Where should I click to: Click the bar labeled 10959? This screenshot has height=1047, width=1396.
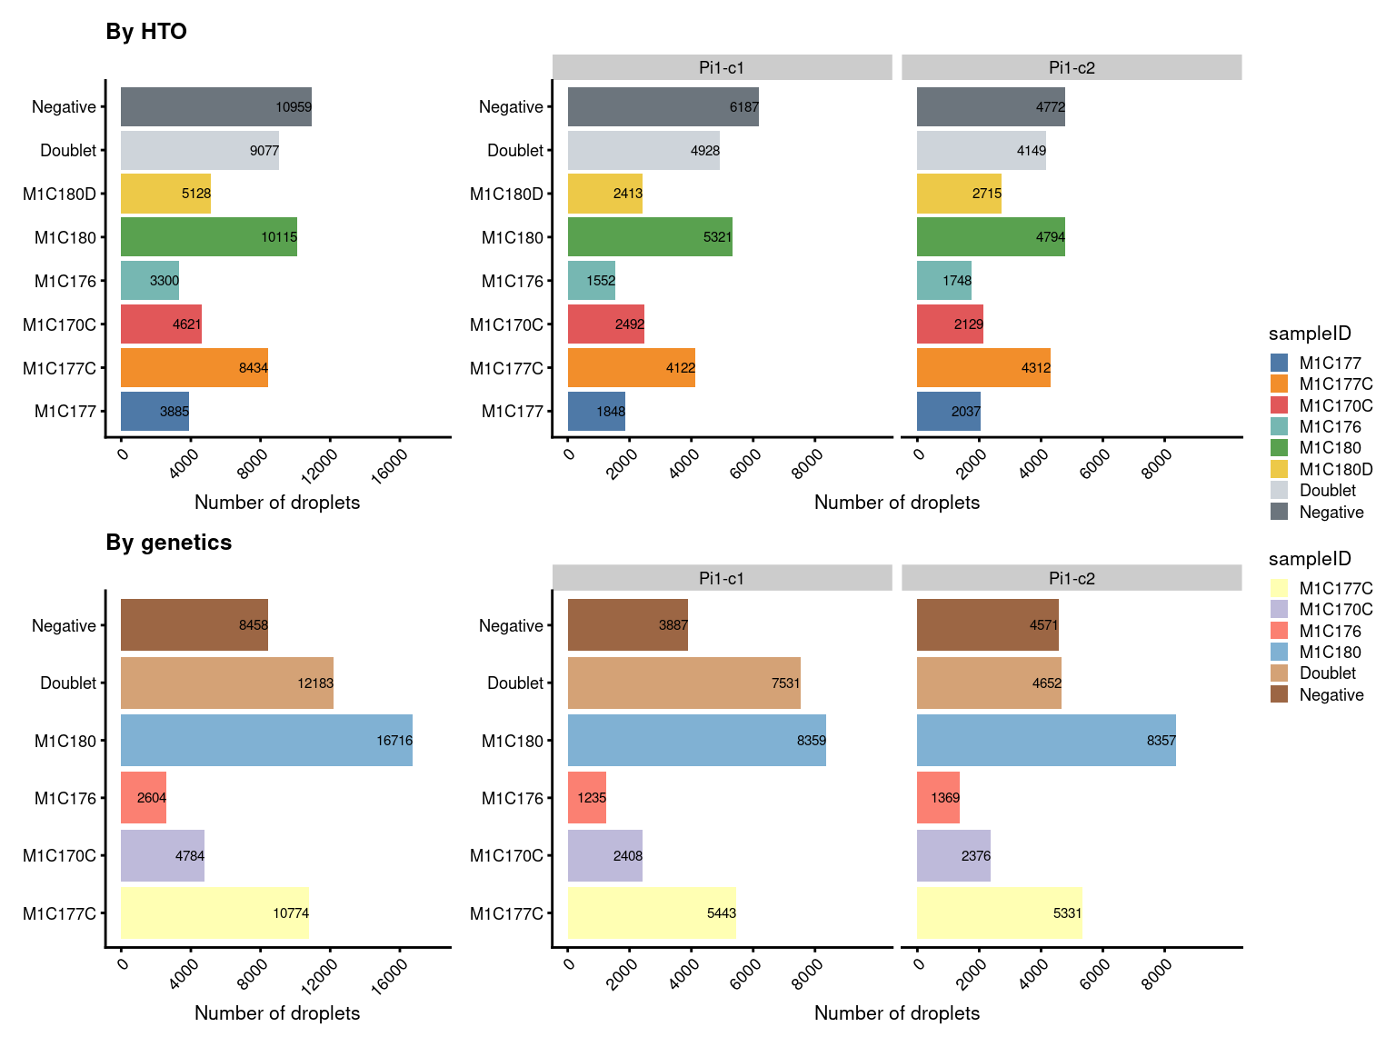click(x=215, y=107)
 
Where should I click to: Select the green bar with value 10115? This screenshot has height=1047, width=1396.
click(x=208, y=237)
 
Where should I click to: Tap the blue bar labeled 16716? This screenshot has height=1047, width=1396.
click(x=265, y=740)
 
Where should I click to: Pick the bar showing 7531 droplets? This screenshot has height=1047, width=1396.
click(x=683, y=683)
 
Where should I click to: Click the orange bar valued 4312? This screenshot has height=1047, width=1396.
click(x=982, y=368)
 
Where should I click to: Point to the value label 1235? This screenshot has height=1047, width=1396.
click(x=592, y=798)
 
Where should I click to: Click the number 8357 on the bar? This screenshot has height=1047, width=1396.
click(x=1161, y=741)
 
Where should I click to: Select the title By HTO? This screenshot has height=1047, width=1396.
click(x=146, y=32)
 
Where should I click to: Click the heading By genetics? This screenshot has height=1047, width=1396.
click(x=169, y=543)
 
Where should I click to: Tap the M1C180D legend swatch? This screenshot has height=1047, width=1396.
click(x=1279, y=469)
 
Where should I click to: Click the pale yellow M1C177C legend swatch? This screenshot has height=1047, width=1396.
click(x=1279, y=588)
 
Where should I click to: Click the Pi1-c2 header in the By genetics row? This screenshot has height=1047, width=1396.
click(x=1072, y=578)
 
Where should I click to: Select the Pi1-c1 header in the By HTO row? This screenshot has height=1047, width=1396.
click(x=722, y=67)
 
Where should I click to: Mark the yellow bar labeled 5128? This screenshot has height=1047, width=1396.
click(x=165, y=194)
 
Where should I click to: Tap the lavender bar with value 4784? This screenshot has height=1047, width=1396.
click(x=162, y=855)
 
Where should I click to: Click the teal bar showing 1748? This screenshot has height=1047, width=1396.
click(x=943, y=281)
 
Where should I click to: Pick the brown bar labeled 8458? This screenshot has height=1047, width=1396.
click(x=194, y=625)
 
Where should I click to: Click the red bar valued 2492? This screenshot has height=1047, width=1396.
click(x=605, y=324)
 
